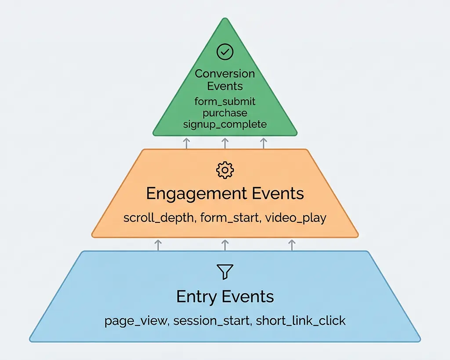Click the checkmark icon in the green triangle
coord(225,52)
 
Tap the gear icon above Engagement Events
coord(225,170)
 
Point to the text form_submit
coord(225,102)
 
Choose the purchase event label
coord(225,113)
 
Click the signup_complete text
coord(225,124)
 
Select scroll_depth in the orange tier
coord(159,218)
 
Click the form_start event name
coord(229,218)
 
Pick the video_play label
coord(296,218)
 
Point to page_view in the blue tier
coord(136,321)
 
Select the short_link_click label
coord(301,321)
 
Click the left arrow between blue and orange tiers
coord(158,245)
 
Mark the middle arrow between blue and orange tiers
coord(225,245)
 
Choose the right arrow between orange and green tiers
coord(264,143)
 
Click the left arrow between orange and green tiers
coord(186,143)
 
